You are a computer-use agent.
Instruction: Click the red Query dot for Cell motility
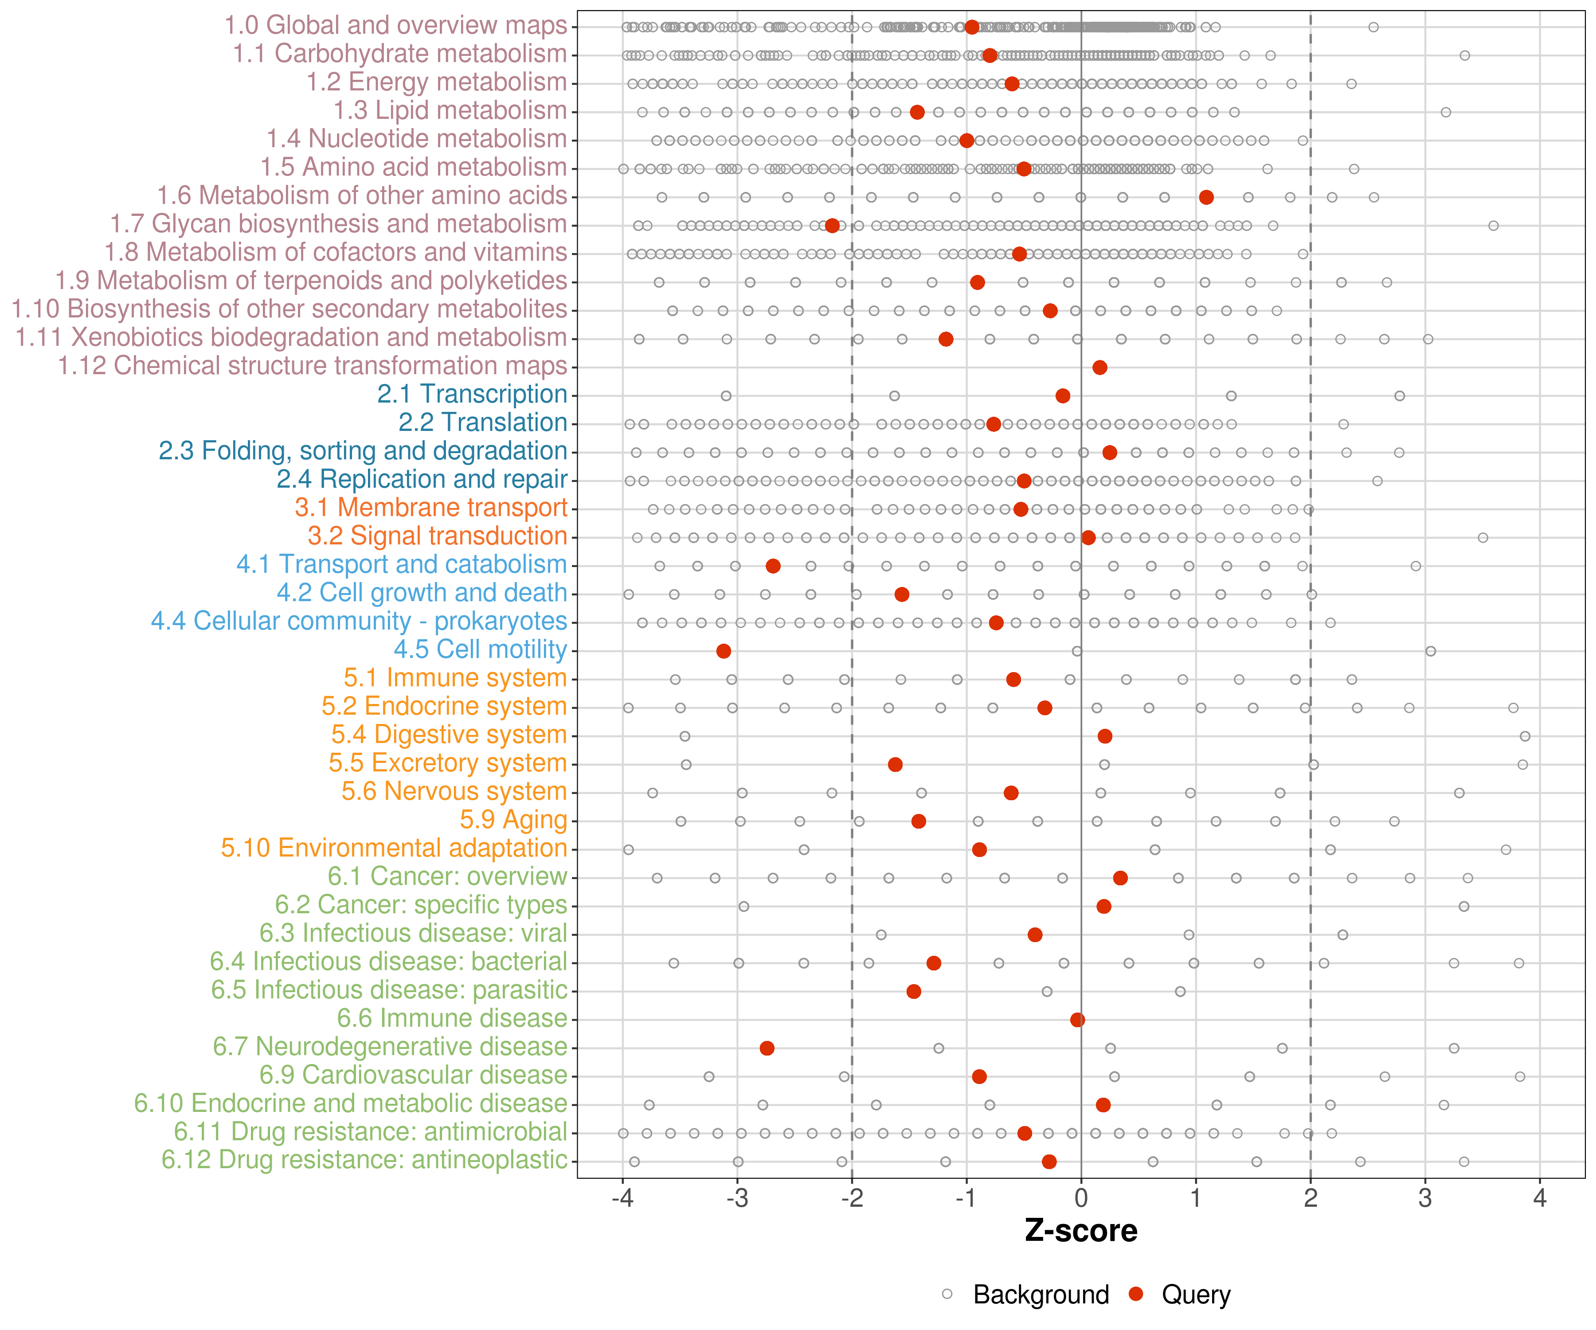(724, 651)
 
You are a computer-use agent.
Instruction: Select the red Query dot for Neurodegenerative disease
(767, 1048)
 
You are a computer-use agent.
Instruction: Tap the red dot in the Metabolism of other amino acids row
(1206, 198)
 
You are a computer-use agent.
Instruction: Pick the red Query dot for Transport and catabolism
(773, 566)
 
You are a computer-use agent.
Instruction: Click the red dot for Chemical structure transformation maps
(1100, 368)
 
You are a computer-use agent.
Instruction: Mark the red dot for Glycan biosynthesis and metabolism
(832, 226)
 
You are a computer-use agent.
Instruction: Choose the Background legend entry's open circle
(947, 1294)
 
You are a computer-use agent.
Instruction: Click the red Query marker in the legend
(1136, 1294)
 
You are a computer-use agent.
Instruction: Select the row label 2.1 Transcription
(472, 395)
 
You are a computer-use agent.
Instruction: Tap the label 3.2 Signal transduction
(437, 536)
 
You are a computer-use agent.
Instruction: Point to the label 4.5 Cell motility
(480, 650)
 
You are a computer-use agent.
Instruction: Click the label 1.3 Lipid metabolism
(450, 111)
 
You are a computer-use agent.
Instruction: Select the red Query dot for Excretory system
(895, 765)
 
